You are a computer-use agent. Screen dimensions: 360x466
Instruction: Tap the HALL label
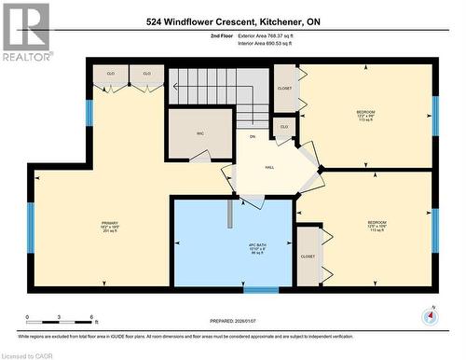(269, 167)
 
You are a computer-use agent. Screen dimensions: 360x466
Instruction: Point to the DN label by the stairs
(252, 137)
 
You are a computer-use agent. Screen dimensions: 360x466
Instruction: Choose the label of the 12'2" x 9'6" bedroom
(365, 116)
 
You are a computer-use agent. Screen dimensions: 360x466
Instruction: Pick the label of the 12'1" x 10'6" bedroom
(377, 226)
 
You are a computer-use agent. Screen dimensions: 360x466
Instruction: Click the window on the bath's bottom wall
(261, 290)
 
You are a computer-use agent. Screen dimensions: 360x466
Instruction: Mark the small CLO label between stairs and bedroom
(284, 126)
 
